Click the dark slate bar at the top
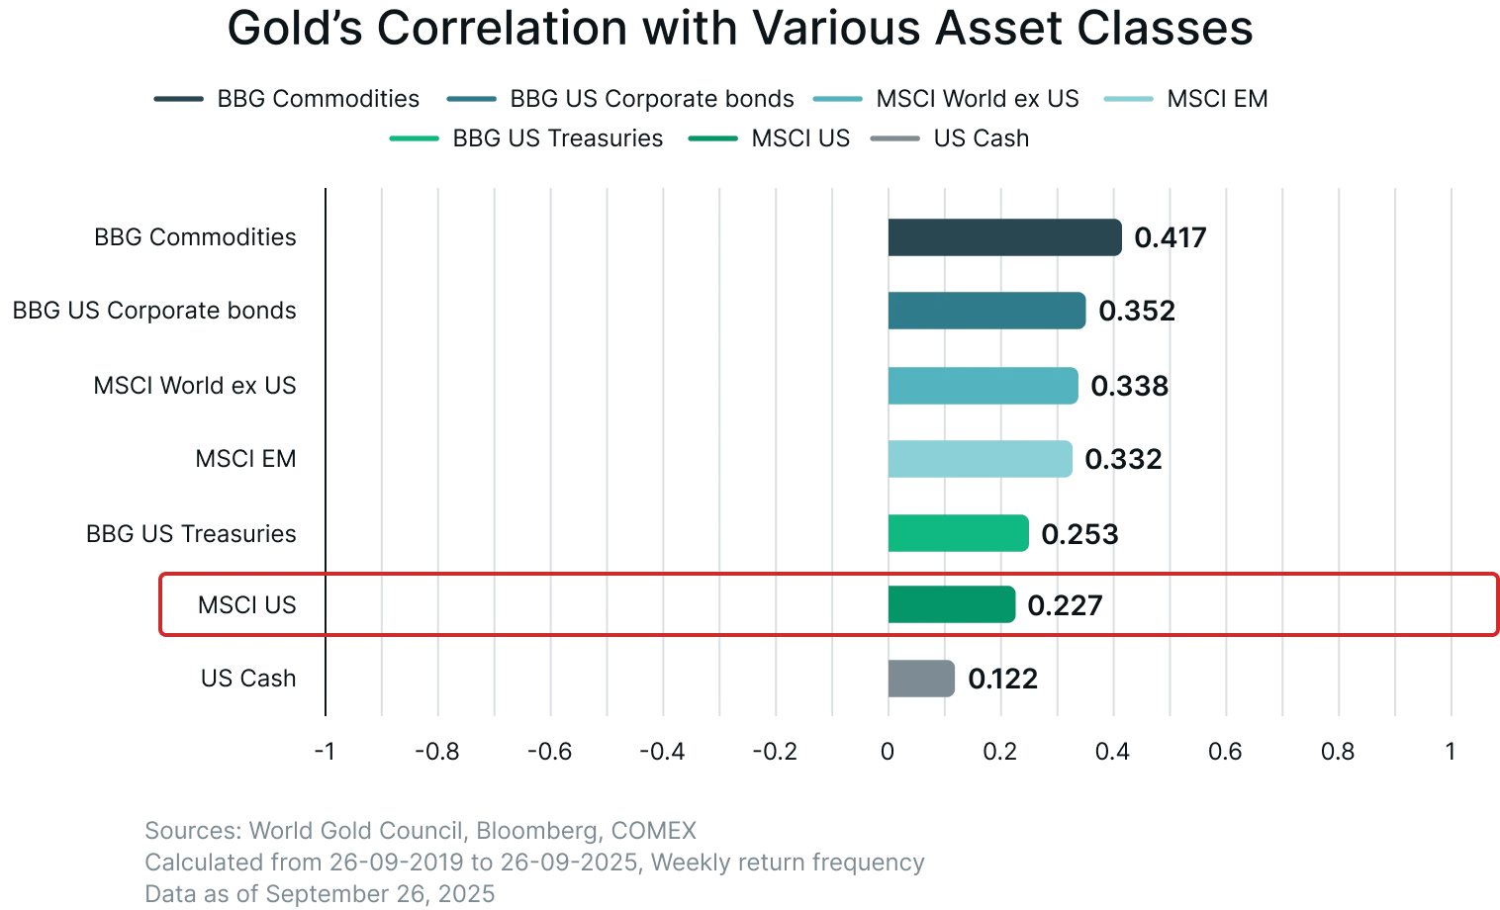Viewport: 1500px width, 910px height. [1004, 238]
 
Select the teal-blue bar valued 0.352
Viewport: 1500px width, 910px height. [987, 312]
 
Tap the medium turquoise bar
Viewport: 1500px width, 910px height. [983, 386]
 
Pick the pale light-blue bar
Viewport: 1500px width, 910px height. [981, 460]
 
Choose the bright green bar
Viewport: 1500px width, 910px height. [958, 534]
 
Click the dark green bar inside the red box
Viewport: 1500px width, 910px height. [953, 605]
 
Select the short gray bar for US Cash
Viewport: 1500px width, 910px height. [922, 679]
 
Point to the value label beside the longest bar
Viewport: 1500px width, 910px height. [1169, 239]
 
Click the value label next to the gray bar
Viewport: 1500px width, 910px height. [1002, 680]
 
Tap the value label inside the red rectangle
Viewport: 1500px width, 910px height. [1064, 605]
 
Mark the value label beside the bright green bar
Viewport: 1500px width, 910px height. [1078, 535]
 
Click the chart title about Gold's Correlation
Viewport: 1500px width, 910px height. [740, 30]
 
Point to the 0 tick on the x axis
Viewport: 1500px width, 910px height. [888, 752]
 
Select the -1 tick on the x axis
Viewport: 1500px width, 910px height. [321, 752]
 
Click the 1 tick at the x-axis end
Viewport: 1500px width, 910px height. [1451, 752]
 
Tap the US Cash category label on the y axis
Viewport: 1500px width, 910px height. [248, 679]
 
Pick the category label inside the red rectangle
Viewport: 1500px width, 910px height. [248, 605]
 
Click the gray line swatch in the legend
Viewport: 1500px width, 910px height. [892, 139]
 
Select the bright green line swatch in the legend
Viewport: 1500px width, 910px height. [415, 139]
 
